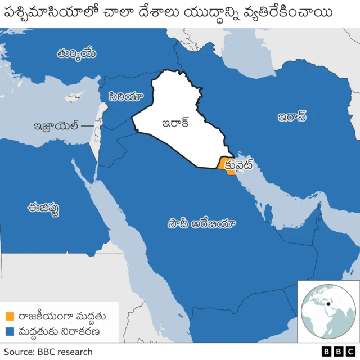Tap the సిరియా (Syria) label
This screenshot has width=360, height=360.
tap(124, 96)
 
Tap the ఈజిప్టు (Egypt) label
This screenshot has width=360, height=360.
tap(43, 208)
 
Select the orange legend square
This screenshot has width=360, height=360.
tap(10, 316)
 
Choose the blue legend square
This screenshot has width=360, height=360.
tap(10, 331)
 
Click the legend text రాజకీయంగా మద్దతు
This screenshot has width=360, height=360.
tap(61, 316)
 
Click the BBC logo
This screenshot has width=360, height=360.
tap(334, 352)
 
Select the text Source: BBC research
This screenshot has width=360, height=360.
tap(48, 352)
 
